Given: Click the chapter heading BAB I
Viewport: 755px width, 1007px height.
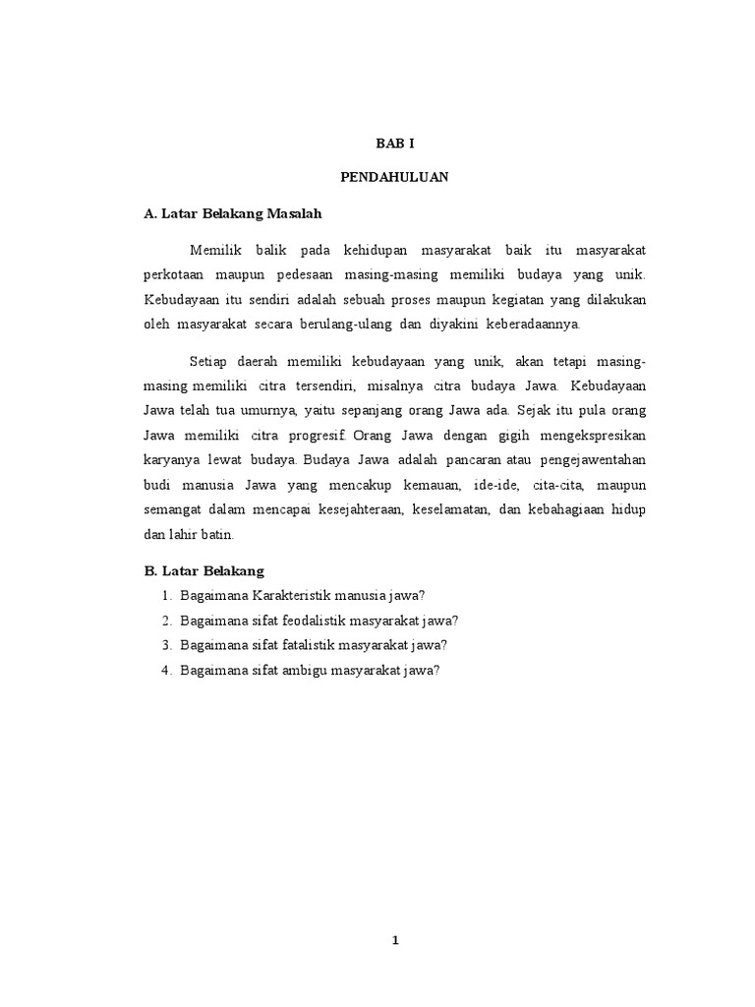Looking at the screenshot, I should point(394,144).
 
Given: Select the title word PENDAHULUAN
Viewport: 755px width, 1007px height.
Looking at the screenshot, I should point(394,177).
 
